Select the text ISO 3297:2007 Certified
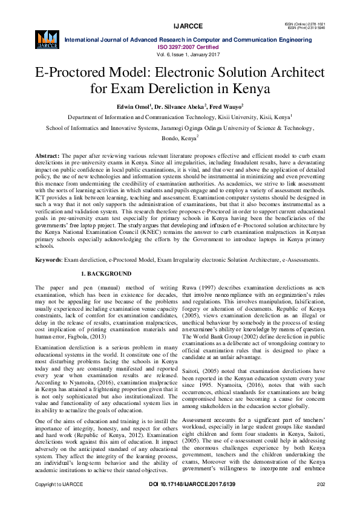(x=188, y=47)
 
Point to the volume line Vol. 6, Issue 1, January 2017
(x=188, y=54)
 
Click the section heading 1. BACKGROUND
(x=106, y=274)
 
